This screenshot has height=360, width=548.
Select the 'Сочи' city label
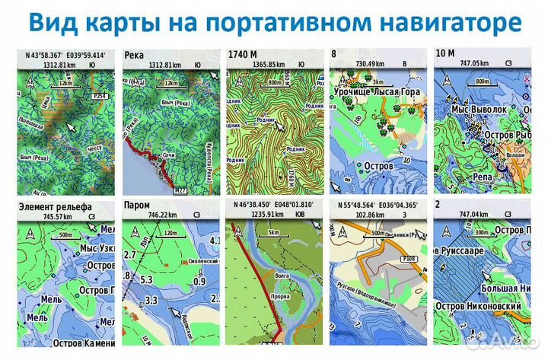coord(170,155)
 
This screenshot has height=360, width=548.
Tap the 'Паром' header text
coord(138,205)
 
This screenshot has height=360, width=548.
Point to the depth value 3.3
coord(151,301)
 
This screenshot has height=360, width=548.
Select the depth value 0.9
coord(201,283)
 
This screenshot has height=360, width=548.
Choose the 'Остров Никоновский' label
coord(479,306)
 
